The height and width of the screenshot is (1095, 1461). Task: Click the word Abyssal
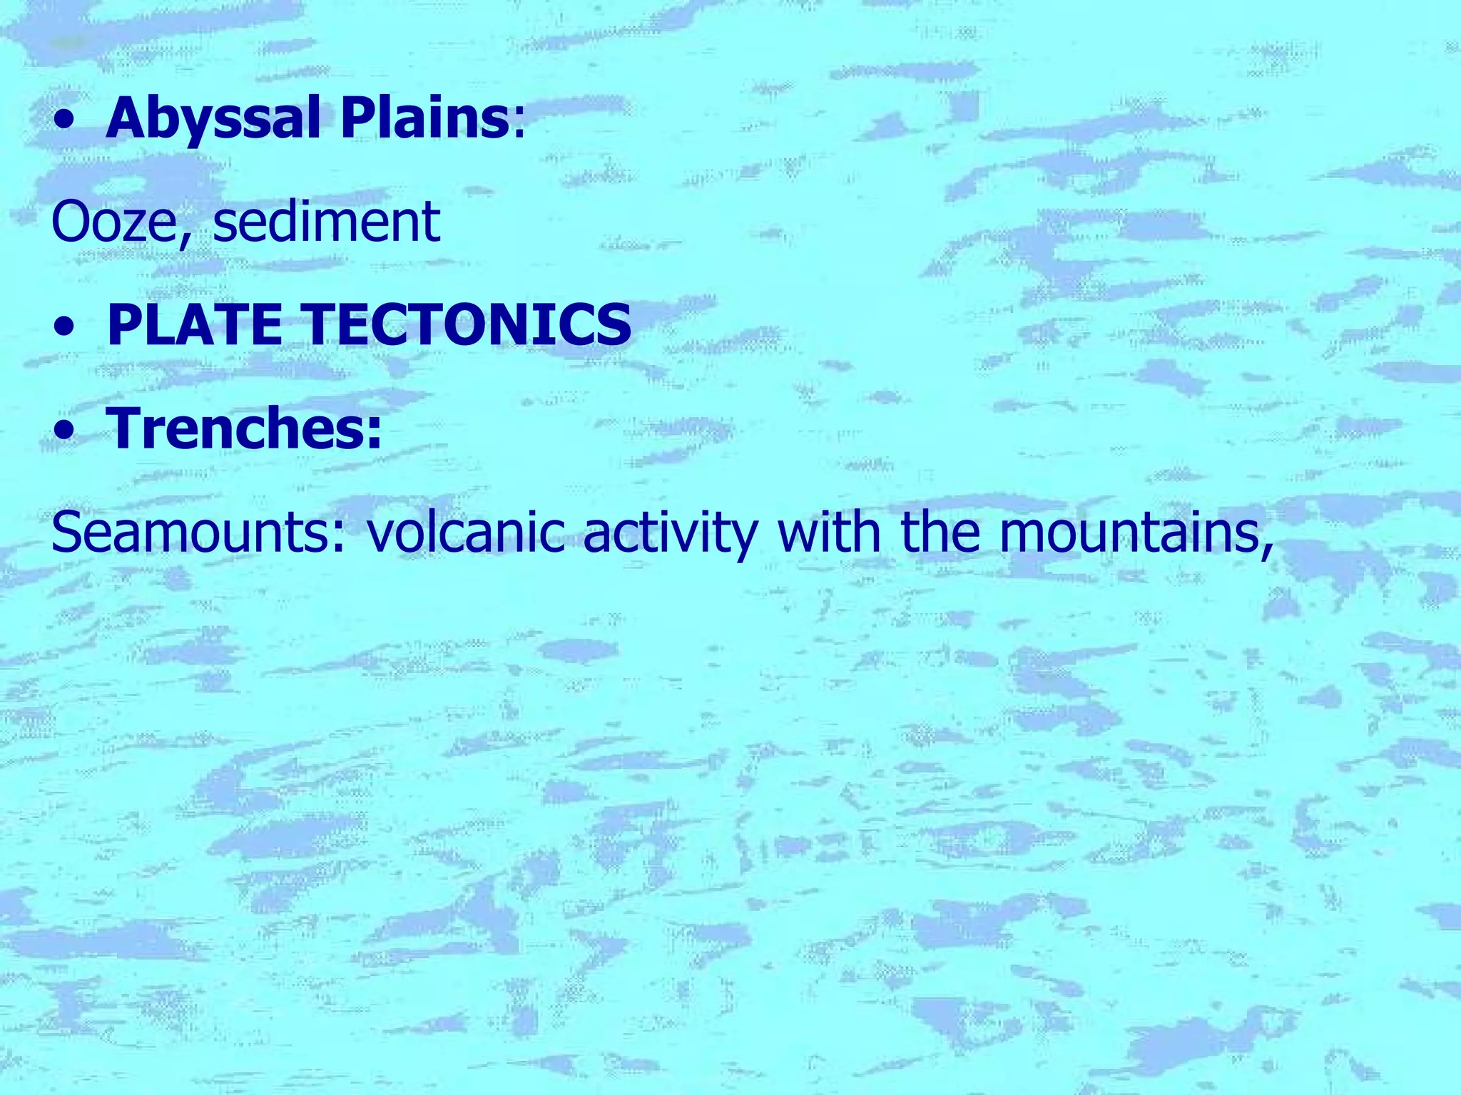(x=213, y=118)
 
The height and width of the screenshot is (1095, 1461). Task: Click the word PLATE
(x=194, y=325)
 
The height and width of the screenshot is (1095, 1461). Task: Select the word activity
(x=669, y=533)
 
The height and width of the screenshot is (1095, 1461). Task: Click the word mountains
(x=1127, y=533)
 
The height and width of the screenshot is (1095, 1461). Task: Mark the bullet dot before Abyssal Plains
(x=66, y=122)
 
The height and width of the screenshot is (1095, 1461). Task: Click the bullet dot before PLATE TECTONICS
(x=66, y=329)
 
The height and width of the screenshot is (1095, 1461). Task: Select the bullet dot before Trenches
(x=66, y=432)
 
